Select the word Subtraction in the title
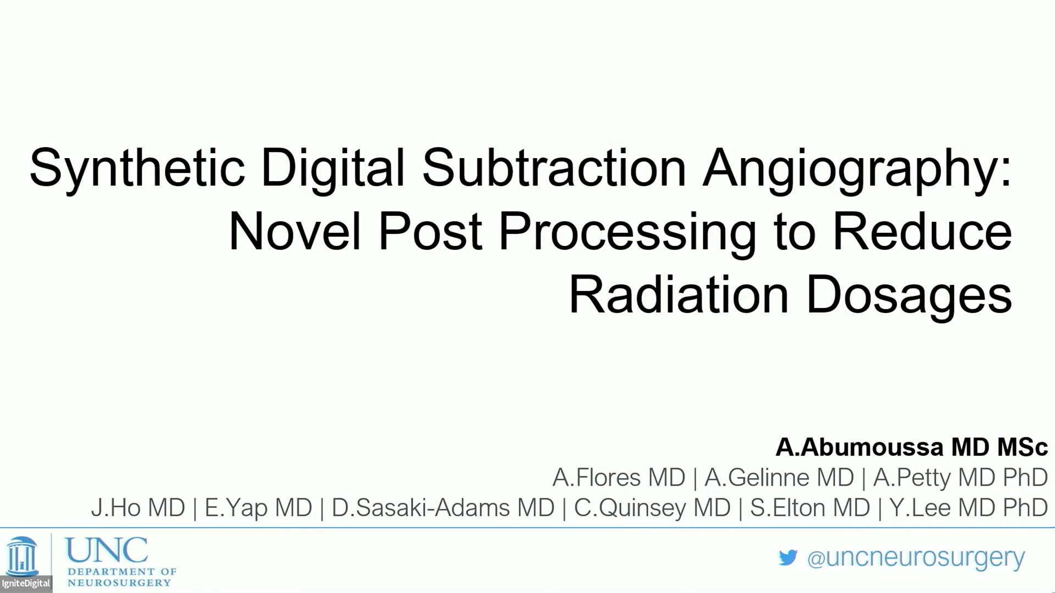click(x=554, y=167)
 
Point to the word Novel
click(x=295, y=231)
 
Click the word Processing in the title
click(x=628, y=233)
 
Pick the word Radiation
click(x=679, y=295)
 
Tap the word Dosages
click(x=909, y=296)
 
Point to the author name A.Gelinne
click(x=757, y=477)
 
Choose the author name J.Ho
click(x=116, y=507)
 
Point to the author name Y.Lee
click(x=920, y=507)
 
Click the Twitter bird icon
click(x=788, y=558)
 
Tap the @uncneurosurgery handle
click(x=916, y=558)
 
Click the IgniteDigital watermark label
click(x=26, y=583)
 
